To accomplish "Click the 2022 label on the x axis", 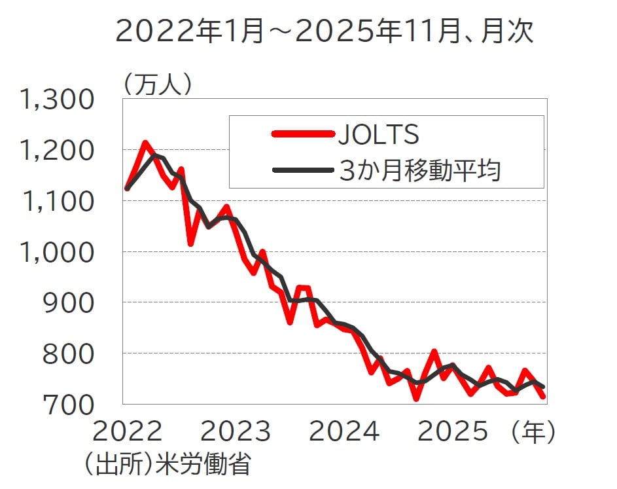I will click(128, 431).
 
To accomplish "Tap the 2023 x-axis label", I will click(236, 431).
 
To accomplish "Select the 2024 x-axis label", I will click(344, 431).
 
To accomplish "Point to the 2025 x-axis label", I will click(453, 431).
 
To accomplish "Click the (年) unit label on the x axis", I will click(534, 431).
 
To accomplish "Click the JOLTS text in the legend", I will click(378, 135).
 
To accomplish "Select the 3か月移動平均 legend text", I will click(420, 170).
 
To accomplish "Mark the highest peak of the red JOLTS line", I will click(145, 142).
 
